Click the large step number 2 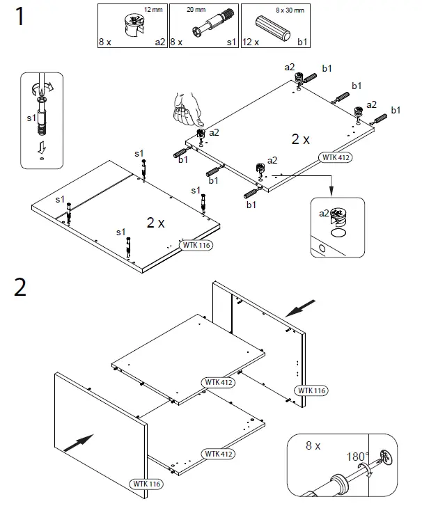21,286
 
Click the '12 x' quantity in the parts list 251,42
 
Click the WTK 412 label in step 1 335,157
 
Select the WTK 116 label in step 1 195,245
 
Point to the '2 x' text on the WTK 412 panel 301,139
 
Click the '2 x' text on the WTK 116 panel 155,223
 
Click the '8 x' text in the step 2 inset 314,445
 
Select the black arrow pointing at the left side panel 78,441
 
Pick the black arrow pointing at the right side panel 300,306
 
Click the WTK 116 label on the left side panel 144,483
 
